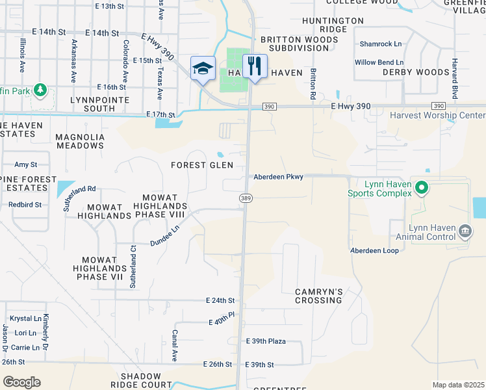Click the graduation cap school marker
[x=203, y=68]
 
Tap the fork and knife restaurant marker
[x=254, y=66]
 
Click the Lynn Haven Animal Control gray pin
[x=465, y=231]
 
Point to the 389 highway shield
[x=246, y=197]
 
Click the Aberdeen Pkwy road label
[x=278, y=177]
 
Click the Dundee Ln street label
[x=165, y=235]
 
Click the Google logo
[x=21, y=382]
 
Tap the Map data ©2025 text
[x=457, y=385]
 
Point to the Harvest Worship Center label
[x=437, y=116]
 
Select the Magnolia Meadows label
[x=80, y=141]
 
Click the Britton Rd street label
[x=313, y=84]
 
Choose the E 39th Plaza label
[x=266, y=341]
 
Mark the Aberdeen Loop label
[x=374, y=250]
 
